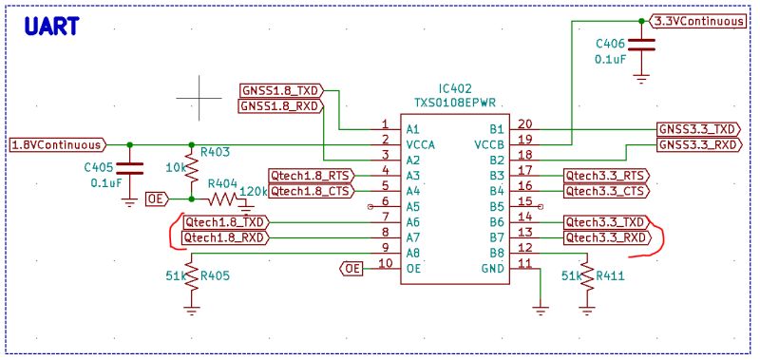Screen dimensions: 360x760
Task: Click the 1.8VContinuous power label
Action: (x=56, y=145)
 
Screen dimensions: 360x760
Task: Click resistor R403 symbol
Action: (x=192, y=171)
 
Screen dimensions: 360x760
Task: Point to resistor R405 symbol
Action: (x=192, y=277)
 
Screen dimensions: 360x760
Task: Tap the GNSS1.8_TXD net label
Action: (x=281, y=90)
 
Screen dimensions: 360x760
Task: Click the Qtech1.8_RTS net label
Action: (x=311, y=176)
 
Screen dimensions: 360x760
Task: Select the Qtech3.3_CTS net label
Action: (x=606, y=191)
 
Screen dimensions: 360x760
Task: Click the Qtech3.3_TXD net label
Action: (x=606, y=222)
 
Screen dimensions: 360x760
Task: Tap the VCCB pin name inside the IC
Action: (x=486, y=144)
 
